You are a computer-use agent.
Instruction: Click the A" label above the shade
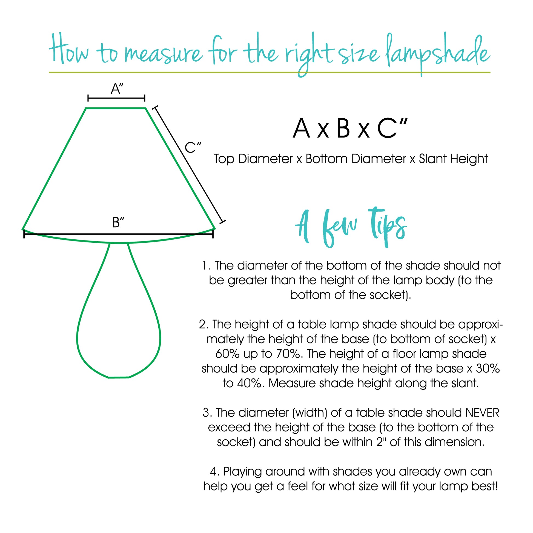click(x=117, y=89)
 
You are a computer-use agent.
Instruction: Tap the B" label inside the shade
click(x=118, y=222)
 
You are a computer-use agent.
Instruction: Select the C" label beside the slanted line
click(x=193, y=148)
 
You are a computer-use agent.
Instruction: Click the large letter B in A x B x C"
click(x=343, y=128)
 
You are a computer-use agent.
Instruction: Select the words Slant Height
click(x=453, y=159)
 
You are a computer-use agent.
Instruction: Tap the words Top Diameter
click(x=253, y=159)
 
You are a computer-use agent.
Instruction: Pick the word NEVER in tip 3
click(x=482, y=413)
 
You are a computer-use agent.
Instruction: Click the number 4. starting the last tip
click(x=214, y=472)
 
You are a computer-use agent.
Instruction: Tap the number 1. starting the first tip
click(x=206, y=266)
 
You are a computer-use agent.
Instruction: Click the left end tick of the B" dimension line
click(x=24, y=234)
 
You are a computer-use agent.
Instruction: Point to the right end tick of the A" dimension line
click(x=145, y=98)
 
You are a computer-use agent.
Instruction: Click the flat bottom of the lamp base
click(x=119, y=377)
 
